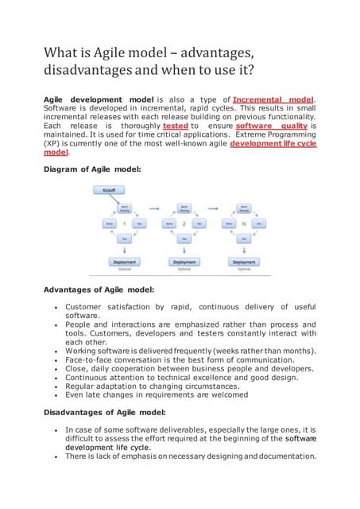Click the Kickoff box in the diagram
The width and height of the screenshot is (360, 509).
(x=108, y=190)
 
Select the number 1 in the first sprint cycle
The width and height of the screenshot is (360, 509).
(x=124, y=224)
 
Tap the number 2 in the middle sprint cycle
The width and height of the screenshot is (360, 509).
(x=184, y=224)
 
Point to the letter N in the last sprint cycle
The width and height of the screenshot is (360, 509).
(x=243, y=224)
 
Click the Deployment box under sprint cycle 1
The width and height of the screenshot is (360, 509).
(x=124, y=262)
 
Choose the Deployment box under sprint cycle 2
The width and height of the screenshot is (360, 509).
(x=184, y=262)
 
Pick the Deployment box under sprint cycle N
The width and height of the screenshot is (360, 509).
(x=243, y=262)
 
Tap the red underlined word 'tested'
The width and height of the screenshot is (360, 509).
(x=175, y=125)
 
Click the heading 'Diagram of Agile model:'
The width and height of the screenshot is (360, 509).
(x=93, y=169)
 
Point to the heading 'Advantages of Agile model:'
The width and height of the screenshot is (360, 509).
(x=99, y=289)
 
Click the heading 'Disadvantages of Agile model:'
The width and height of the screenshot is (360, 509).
(x=104, y=412)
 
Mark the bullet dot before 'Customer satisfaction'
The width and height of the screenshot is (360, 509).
(x=53, y=307)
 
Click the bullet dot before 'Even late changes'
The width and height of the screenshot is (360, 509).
(x=53, y=394)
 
